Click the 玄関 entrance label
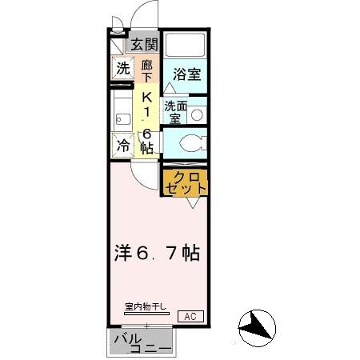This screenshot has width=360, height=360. coord(144,44)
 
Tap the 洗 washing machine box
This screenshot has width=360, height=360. coord(122,69)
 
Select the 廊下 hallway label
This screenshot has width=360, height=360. coord(146,70)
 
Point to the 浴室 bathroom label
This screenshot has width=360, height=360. coord(187,74)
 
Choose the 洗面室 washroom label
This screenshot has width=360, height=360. coord(175,111)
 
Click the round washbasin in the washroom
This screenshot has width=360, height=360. coord(196,114)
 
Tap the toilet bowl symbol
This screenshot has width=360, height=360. coord(190,143)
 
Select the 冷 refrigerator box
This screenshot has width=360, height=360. coord(122,146)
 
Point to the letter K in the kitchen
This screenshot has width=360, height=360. coord(146,96)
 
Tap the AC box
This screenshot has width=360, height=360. coord(190,315)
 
